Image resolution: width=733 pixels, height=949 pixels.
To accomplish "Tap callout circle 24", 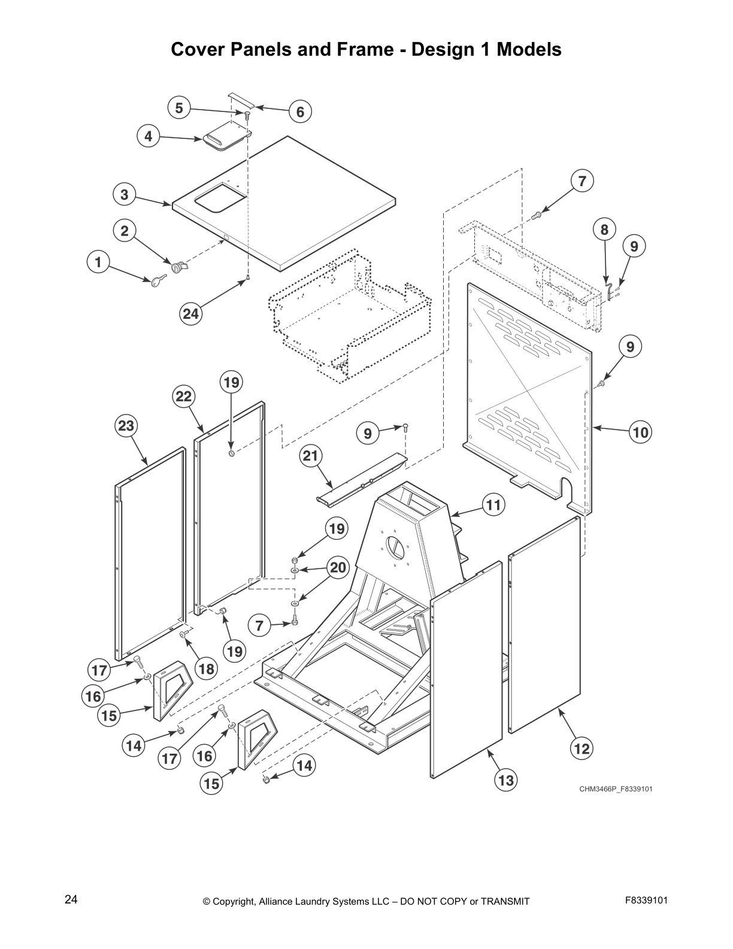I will pos(192,313).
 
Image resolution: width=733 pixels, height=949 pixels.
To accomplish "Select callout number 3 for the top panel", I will pos(124,195).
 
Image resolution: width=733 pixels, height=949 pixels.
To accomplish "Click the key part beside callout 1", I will pos(159,280).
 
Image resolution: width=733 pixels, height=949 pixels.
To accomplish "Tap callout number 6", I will pos(300,111).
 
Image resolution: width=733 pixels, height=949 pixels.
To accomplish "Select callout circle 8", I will pos(604,229).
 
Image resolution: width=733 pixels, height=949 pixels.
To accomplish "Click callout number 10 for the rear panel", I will pos(640,432).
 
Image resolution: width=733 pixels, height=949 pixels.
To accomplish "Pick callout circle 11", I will pos(493,505).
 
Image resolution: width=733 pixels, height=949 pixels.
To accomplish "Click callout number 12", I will pos(581,748).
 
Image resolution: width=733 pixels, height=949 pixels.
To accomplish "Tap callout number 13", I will pos(506,780).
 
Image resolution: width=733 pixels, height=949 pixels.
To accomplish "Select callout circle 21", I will pos(310,457).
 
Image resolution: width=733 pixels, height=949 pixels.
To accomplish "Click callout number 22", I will pos(184,397).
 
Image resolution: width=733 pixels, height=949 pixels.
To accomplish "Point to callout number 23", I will pos(126,426).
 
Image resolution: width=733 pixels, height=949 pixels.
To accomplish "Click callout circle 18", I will pos(206,669).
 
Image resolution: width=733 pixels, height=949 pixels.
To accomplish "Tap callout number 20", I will pos(338,567).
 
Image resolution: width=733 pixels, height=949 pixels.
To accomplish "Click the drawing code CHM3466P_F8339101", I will pos(615,788).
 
